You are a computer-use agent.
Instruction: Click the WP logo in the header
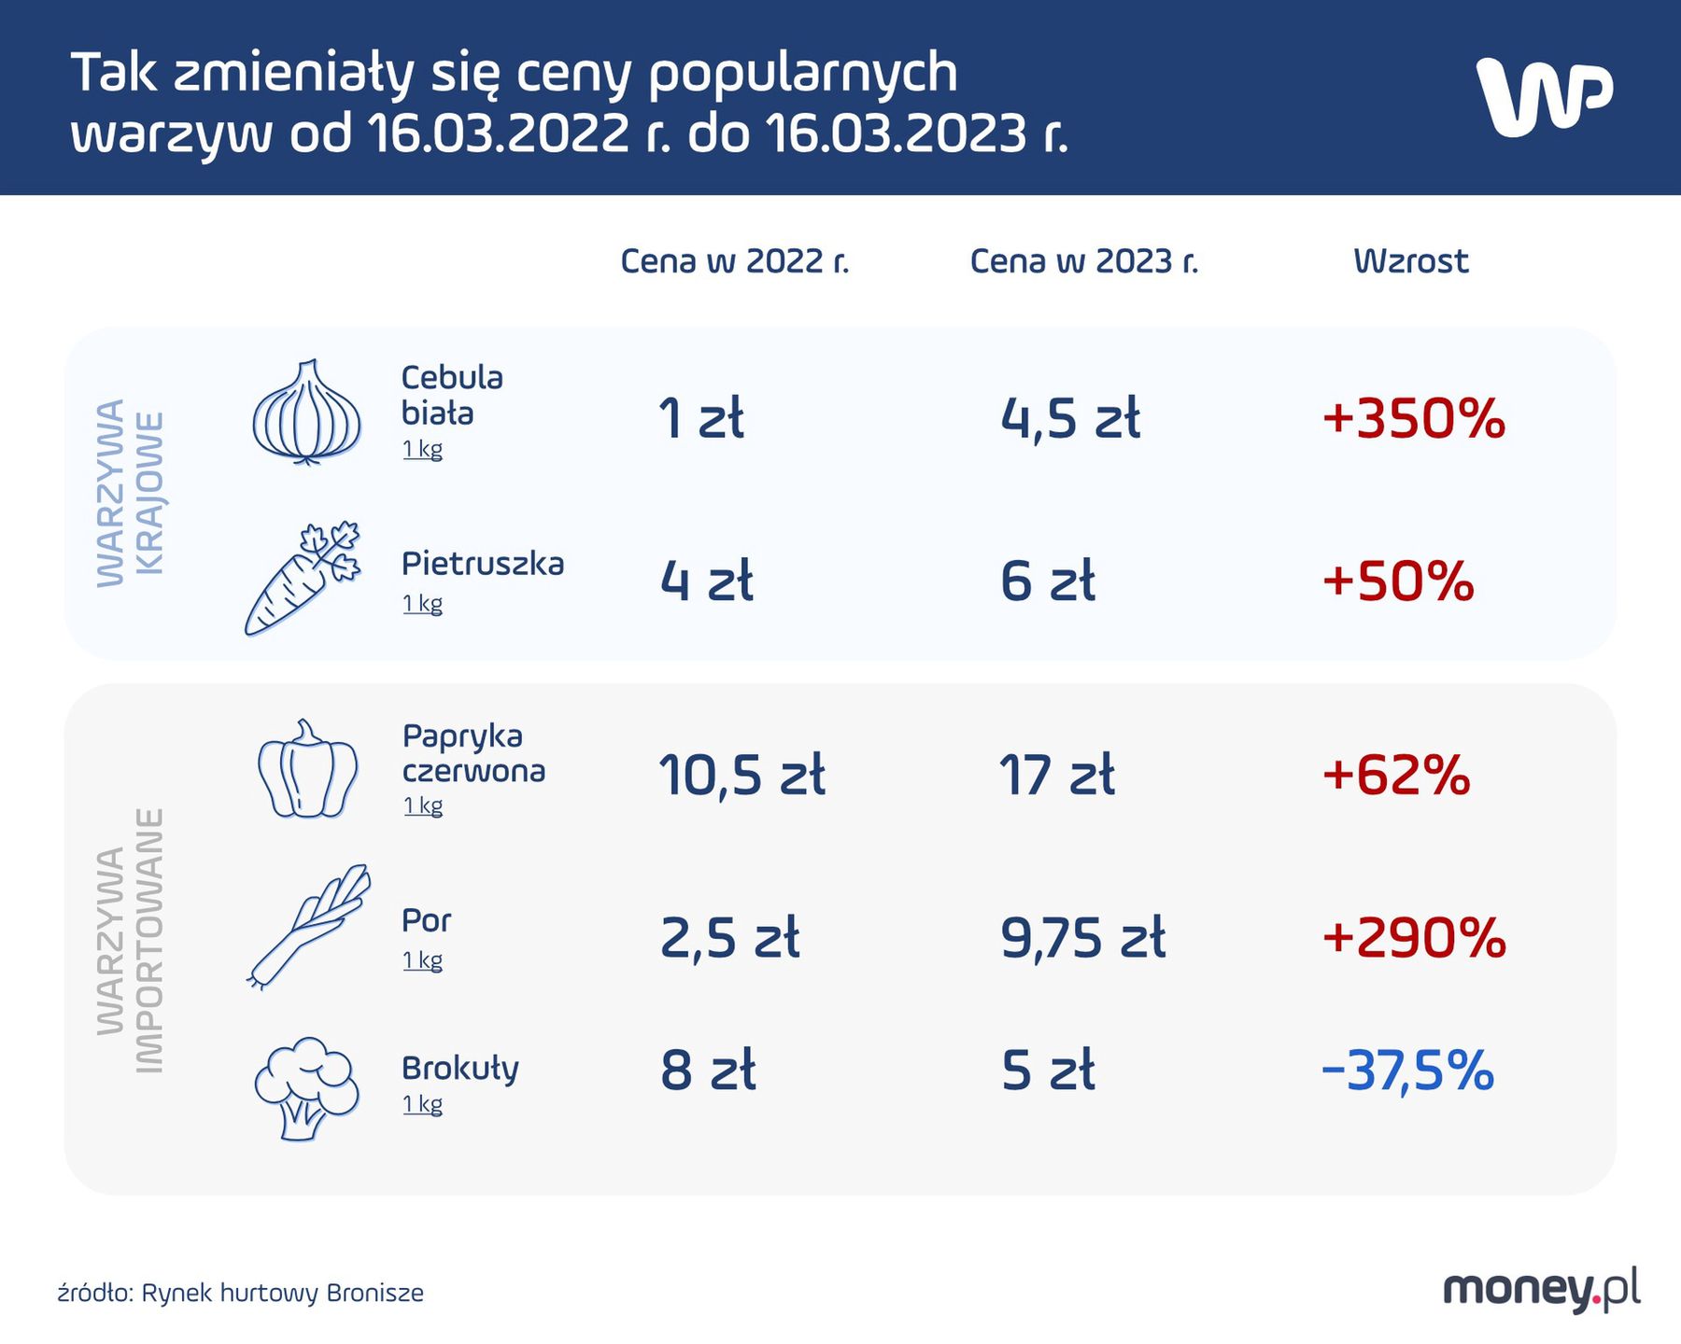point(1544,97)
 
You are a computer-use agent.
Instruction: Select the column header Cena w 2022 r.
point(735,261)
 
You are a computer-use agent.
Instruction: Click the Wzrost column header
point(1410,261)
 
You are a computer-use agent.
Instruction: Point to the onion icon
point(306,413)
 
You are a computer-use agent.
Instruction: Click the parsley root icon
point(301,579)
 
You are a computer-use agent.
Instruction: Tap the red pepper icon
point(306,771)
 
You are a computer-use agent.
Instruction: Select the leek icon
point(308,926)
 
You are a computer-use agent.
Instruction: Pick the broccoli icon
point(306,1087)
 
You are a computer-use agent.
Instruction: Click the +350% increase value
point(1413,418)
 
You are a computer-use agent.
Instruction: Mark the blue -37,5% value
point(1407,1071)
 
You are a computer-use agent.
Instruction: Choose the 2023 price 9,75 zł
point(1082,938)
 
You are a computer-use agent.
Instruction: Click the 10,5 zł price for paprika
point(742,776)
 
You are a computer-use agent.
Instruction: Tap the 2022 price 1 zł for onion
point(700,418)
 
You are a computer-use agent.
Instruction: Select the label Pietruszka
point(482,564)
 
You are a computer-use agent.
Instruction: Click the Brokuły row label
point(459,1069)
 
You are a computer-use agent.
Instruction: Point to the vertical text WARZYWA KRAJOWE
point(131,493)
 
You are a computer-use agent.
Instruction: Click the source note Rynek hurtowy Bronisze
point(241,1293)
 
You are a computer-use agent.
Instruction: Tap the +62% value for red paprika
point(1395,776)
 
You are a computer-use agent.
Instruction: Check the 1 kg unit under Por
point(422,959)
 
